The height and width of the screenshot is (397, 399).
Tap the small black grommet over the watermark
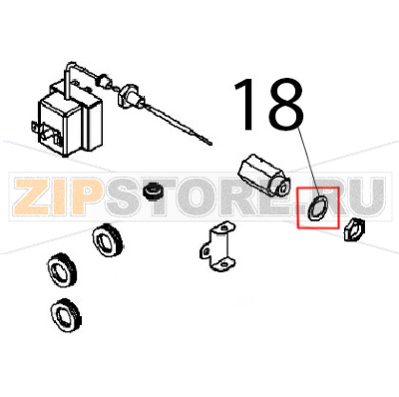(x=154, y=190)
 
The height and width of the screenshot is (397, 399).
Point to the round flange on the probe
(x=130, y=97)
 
